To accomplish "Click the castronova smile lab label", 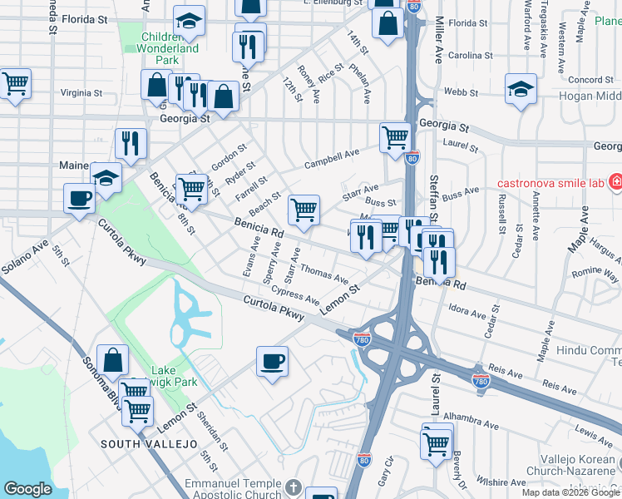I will [x=550, y=183].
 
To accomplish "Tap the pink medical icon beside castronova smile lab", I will [x=615, y=181].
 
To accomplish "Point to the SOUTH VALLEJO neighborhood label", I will [x=149, y=444].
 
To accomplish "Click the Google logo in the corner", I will [x=27, y=488].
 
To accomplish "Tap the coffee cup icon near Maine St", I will [x=80, y=199].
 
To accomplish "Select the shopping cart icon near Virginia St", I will [x=15, y=84].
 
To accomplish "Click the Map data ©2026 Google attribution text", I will [x=571, y=492].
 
